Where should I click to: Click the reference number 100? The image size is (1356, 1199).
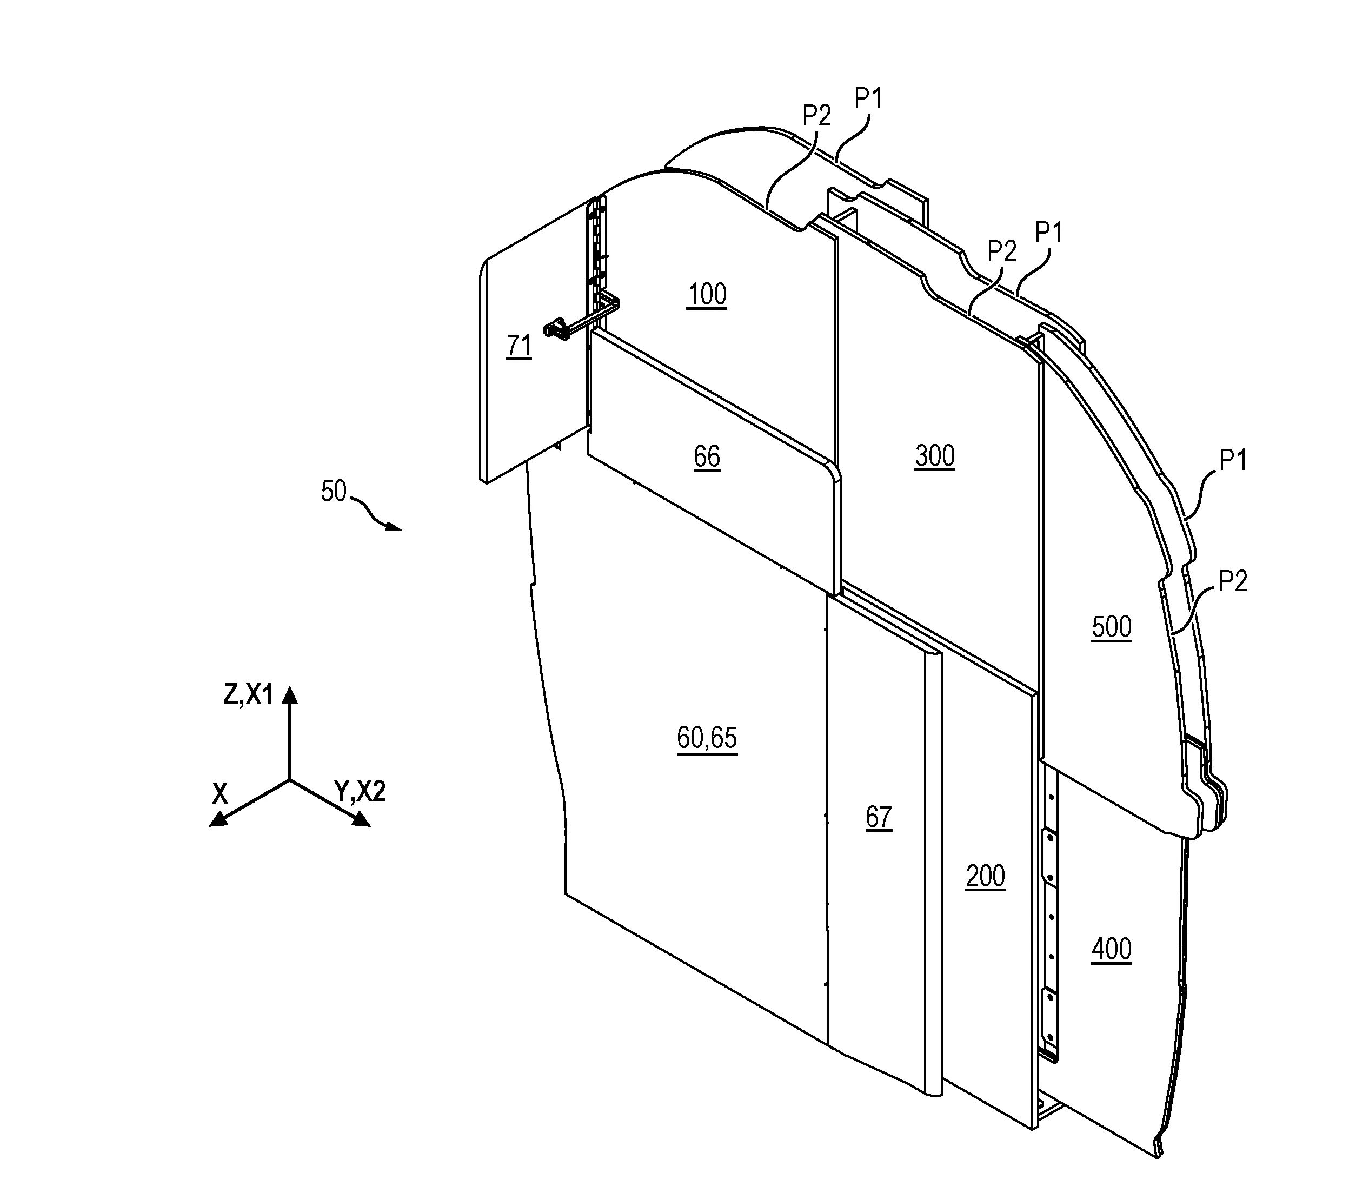(x=707, y=294)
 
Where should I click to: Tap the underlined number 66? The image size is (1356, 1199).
(x=707, y=456)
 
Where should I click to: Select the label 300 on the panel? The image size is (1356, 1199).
(x=934, y=456)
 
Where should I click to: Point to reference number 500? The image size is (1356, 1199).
(x=1111, y=627)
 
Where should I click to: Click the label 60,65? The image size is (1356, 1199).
(x=707, y=738)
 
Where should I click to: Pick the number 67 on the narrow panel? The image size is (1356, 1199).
(x=879, y=818)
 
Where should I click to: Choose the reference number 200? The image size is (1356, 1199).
(x=985, y=877)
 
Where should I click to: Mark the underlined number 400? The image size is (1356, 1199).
(x=1111, y=950)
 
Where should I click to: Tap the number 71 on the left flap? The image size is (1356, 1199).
(x=519, y=346)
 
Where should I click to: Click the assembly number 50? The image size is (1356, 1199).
(x=334, y=492)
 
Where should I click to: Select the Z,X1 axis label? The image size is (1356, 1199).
(x=248, y=695)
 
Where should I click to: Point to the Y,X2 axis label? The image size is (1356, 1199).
(x=360, y=791)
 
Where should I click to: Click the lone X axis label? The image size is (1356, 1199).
(x=220, y=793)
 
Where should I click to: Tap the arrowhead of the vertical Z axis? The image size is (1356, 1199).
(x=290, y=694)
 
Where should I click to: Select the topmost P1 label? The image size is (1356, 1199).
(x=868, y=99)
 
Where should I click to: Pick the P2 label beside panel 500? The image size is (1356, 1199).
(x=1233, y=581)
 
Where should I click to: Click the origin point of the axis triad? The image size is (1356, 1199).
(x=290, y=780)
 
